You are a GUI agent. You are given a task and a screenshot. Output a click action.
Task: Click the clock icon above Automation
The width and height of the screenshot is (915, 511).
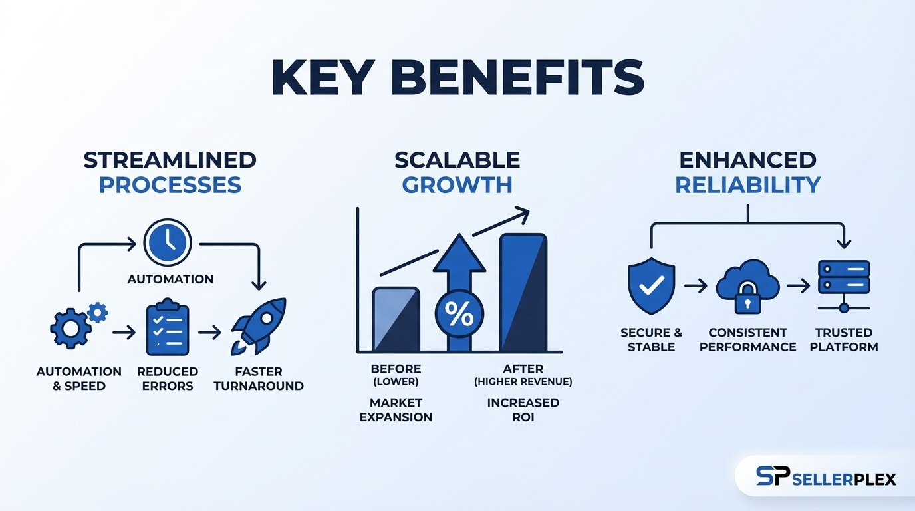[168, 243]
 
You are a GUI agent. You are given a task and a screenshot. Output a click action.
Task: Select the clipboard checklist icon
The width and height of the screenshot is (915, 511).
[168, 329]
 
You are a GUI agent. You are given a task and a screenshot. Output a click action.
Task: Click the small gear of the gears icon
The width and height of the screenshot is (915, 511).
[98, 311]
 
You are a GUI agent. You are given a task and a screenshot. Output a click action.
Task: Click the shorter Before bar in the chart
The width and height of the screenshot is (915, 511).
[396, 319]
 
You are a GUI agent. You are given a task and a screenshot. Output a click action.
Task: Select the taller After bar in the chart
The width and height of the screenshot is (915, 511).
[523, 292]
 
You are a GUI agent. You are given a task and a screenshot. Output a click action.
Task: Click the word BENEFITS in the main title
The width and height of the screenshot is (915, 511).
[525, 79]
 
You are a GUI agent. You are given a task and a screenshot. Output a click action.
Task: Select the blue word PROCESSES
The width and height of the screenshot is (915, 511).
[170, 184]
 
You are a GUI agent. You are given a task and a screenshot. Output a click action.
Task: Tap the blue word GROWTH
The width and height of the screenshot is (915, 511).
[457, 184]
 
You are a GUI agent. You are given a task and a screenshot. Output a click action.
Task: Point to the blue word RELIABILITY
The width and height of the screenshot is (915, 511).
[747, 184]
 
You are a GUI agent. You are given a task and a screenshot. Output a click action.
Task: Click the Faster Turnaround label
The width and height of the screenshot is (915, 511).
[258, 379]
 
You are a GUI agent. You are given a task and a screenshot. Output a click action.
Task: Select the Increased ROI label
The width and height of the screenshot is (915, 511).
[523, 410]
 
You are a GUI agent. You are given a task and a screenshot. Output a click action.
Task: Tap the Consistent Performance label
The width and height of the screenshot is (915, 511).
[747, 339]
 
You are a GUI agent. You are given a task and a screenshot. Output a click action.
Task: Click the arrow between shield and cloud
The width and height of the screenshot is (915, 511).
[696, 286]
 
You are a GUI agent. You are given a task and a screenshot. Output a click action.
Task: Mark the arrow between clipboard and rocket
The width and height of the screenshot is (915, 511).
[209, 332]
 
